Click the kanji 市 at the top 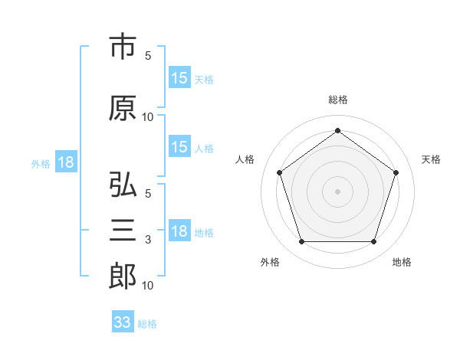[123, 46]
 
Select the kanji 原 [123, 108]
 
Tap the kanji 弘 [123, 184]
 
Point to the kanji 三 [123, 230]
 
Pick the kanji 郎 [123, 276]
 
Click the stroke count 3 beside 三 [148, 240]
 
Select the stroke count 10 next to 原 [147, 117]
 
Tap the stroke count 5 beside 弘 [148, 194]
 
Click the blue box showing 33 [123, 321]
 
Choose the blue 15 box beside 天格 [180, 77]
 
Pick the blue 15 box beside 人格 [180, 146]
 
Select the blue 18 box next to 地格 [180, 230]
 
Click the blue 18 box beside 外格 [66, 162]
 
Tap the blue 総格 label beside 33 [147, 324]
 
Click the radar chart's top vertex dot [337, 130]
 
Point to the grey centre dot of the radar [337, 191]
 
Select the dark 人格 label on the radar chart [245, 159]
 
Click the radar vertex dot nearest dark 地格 [374, 242]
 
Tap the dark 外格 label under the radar [270, 262]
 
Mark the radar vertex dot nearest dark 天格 [396, 172]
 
